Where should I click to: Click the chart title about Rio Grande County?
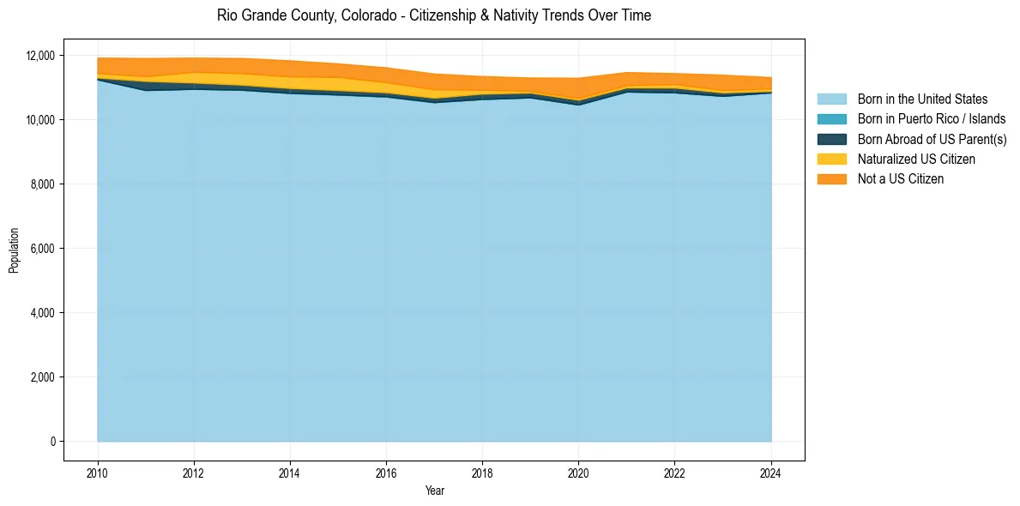tap(434, 15)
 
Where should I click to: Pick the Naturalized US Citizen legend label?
tap(916, 159)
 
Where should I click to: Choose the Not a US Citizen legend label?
tap(901, 178)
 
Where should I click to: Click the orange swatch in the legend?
tap(831, 178)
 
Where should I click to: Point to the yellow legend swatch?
tap(831, 159)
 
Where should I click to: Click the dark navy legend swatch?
tap(831, 139)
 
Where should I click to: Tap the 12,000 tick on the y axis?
tap(40, 56)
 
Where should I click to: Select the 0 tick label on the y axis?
tap(52, 442)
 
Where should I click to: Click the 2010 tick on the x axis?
tap(98, 472)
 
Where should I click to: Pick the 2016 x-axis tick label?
tap(386, 472)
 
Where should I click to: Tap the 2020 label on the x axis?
tap(579, 472)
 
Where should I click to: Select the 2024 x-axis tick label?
tap(771, 472)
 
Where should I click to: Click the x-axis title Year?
tap(434, 491)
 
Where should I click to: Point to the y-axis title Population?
tap(14, 250)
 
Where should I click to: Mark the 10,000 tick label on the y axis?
tap(40, 120)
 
